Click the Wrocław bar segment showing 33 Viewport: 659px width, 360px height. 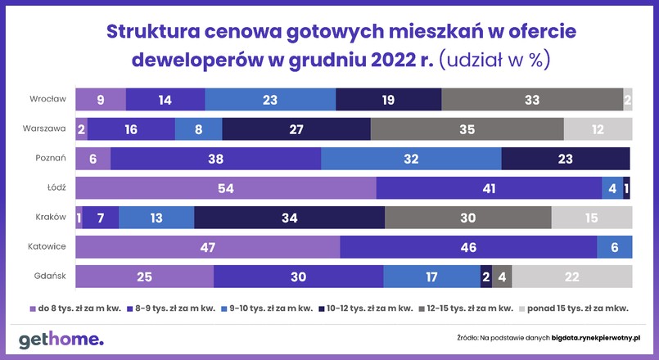531,99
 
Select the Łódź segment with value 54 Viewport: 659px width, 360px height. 226,188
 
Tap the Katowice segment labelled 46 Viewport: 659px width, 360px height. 468,247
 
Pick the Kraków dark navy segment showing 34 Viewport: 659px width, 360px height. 289,218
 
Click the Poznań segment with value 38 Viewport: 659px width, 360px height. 215,159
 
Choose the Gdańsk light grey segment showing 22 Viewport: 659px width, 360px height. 572,277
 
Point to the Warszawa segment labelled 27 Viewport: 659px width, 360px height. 296,129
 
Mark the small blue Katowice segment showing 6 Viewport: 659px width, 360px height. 614,247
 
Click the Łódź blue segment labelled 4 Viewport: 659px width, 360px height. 612,188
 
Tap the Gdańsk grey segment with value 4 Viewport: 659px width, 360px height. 502,277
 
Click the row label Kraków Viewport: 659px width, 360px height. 50,218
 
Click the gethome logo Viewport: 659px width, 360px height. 61,339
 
